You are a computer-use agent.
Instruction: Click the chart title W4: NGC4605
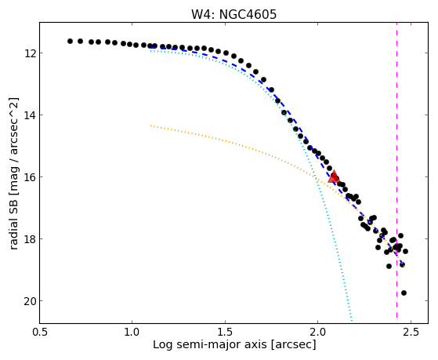click(233, 14)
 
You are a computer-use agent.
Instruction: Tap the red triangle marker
click(334, 176)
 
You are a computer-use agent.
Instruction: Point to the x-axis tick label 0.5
click(40, 332)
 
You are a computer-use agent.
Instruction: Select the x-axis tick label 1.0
click(132, 332)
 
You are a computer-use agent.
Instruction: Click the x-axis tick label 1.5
click(225, 332)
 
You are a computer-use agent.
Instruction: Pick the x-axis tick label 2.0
click(318, 332)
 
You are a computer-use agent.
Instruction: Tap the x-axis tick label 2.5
click(411, 332)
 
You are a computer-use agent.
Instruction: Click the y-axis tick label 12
click(29, 53)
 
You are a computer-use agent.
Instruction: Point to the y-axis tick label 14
click(29, 115)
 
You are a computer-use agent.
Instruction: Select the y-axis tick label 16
click(29, 177)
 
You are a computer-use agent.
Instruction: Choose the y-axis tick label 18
click(29, 239)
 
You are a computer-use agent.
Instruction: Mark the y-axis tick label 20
click(29, 301)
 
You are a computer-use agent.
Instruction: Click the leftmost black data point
click(70, 41)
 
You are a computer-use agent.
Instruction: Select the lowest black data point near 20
click(404, 293)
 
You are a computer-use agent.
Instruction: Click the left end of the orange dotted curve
click(151, 125)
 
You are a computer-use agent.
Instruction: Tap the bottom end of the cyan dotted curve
click(352, 320)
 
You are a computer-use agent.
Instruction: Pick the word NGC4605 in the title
click(248, 14)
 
